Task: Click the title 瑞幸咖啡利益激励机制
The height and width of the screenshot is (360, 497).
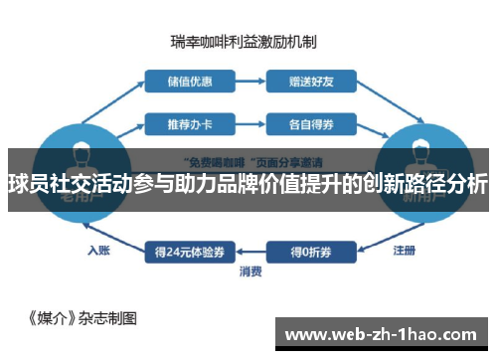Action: click(x=244, y=41)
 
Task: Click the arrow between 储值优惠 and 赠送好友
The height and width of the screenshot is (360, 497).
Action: click(x=248, y=81)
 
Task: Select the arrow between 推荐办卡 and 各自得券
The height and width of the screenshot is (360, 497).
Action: click(x=248, y=125)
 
